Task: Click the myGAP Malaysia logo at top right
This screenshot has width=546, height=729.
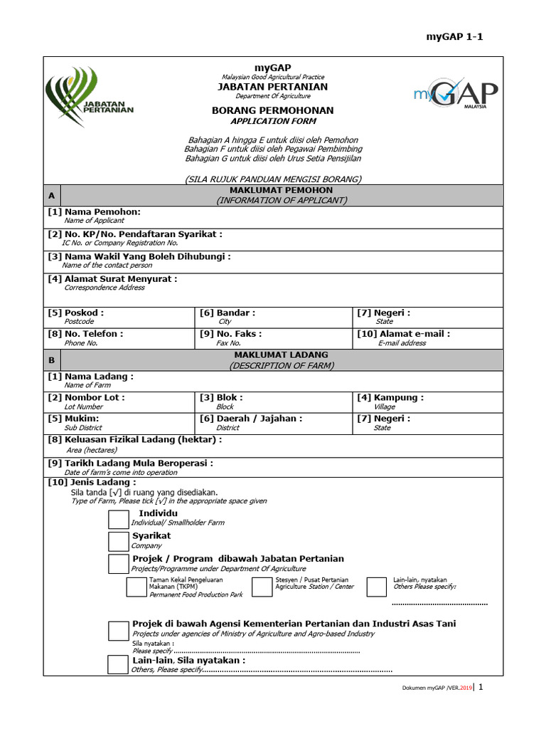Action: (455, 95)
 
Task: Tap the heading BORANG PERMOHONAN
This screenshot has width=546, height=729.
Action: (272, 111)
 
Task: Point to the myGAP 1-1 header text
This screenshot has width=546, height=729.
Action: (454, 38)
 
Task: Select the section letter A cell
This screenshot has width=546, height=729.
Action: (51, 196)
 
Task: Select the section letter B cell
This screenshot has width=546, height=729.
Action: (51, 360)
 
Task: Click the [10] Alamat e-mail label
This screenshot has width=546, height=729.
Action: (404, 333)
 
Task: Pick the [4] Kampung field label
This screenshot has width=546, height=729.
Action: (390, 397)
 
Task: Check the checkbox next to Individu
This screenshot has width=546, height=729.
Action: (119, 518)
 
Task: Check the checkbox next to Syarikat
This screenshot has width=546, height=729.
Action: (119, 542)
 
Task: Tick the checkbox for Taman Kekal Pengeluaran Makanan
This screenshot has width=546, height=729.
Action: (136, 587)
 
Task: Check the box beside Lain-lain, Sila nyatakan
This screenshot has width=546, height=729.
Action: (118, 665)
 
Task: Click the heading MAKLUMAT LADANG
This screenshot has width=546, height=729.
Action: (282, 355)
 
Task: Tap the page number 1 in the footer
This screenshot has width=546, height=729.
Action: (481, 687)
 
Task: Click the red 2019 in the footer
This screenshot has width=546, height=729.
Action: (465, 688)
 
